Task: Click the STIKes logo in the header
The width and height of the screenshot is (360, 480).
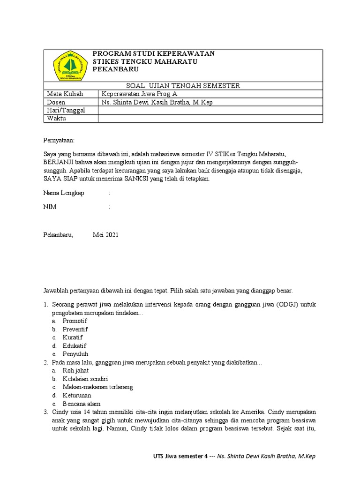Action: point(70,66)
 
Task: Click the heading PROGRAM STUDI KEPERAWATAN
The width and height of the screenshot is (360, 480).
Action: point(154,53)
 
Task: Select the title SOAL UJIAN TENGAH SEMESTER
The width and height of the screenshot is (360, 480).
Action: point(183,85)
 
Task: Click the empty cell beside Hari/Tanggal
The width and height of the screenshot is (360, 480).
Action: point(210,110)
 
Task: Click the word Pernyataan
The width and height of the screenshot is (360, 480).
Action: point(59,140)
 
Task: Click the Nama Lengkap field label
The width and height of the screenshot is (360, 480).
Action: point(64,193)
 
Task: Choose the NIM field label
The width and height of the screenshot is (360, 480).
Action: point(50,207)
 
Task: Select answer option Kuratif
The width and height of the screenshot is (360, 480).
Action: point(73,337)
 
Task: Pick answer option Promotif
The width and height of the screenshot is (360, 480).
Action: point(75,321)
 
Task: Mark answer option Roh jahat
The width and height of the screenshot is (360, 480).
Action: point(75,371)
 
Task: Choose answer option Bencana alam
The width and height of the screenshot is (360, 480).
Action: point(81,404)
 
